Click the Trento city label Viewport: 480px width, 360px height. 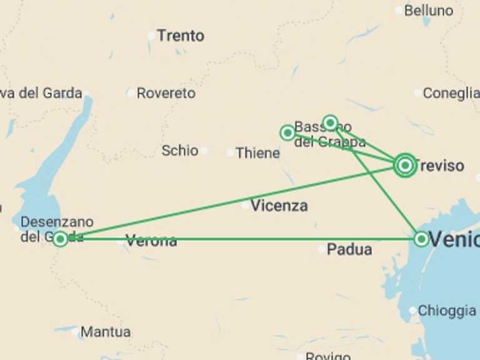[180, 36]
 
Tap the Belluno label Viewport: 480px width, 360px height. [428, 11]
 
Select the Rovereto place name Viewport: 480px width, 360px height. [166, 93]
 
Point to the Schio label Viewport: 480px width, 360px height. [179, 151]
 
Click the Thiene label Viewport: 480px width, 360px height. [257, 153]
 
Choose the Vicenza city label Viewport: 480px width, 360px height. [279, 206]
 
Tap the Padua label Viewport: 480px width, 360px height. [349, 250]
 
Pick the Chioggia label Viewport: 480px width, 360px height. [446, 311]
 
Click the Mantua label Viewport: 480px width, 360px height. [106, 332]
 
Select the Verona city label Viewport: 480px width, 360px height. [151, 241]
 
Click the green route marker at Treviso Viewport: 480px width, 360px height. [405, 166]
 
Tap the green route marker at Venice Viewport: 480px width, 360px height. [421, 239]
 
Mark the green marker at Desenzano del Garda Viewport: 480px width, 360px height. [60, 239]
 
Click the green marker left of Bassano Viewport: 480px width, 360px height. [287, 132]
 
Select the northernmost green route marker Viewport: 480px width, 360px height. [330, 122]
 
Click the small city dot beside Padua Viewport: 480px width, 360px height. [321, 250]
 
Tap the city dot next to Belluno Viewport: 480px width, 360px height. [399, 11]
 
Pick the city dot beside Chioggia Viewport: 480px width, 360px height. [412, 311]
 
